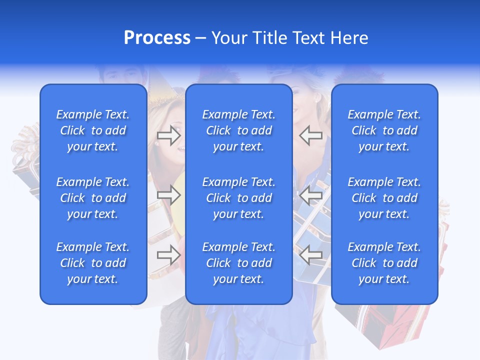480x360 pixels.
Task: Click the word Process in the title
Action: point(157,38)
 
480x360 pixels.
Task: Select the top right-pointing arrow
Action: point(169,135)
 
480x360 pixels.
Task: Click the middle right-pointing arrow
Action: point(169,195)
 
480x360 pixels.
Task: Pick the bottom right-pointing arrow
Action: point(169,255)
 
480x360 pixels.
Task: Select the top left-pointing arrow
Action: point(310,135)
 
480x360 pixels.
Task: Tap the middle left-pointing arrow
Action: point(310,195)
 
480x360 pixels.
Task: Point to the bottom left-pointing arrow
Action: point(310,255)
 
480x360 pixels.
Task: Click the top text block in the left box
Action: point(93,130)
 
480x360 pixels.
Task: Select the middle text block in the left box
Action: point(93,198)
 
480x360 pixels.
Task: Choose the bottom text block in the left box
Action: point(93,263)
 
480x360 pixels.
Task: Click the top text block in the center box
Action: point(238,130)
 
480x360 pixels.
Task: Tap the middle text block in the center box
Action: point(238,198)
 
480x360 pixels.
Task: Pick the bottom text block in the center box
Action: point(238,263)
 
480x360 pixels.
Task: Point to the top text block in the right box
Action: point(384,130)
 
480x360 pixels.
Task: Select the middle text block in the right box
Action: point(384,198)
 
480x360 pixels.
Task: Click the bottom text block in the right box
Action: point(384,263)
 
